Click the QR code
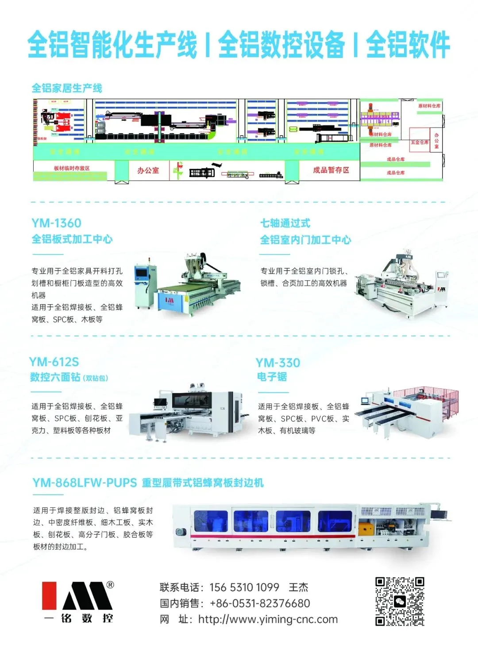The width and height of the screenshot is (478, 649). point(400,601)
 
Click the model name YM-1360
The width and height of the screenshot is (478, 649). point(56,223)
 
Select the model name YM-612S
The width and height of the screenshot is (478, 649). point(54,362)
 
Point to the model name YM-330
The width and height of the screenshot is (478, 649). point(278,363)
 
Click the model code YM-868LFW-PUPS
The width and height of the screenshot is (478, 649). point(85,482)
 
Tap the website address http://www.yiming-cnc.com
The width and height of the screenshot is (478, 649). point(268,619)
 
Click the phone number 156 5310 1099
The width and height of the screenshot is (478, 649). point(244,587)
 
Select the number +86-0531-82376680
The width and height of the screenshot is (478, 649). point(260,603)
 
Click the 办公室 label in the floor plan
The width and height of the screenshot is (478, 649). point(148,170)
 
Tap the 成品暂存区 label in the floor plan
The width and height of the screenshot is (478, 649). point(331,170)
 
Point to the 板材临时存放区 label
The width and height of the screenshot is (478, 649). point(72,168)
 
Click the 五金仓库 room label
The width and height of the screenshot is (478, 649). point(420,142)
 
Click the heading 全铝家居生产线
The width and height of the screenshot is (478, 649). point(67,88)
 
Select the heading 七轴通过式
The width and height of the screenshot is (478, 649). point(285,223)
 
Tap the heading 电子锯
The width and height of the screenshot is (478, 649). point(272,377)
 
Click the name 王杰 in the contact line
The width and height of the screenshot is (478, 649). point(298,587)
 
